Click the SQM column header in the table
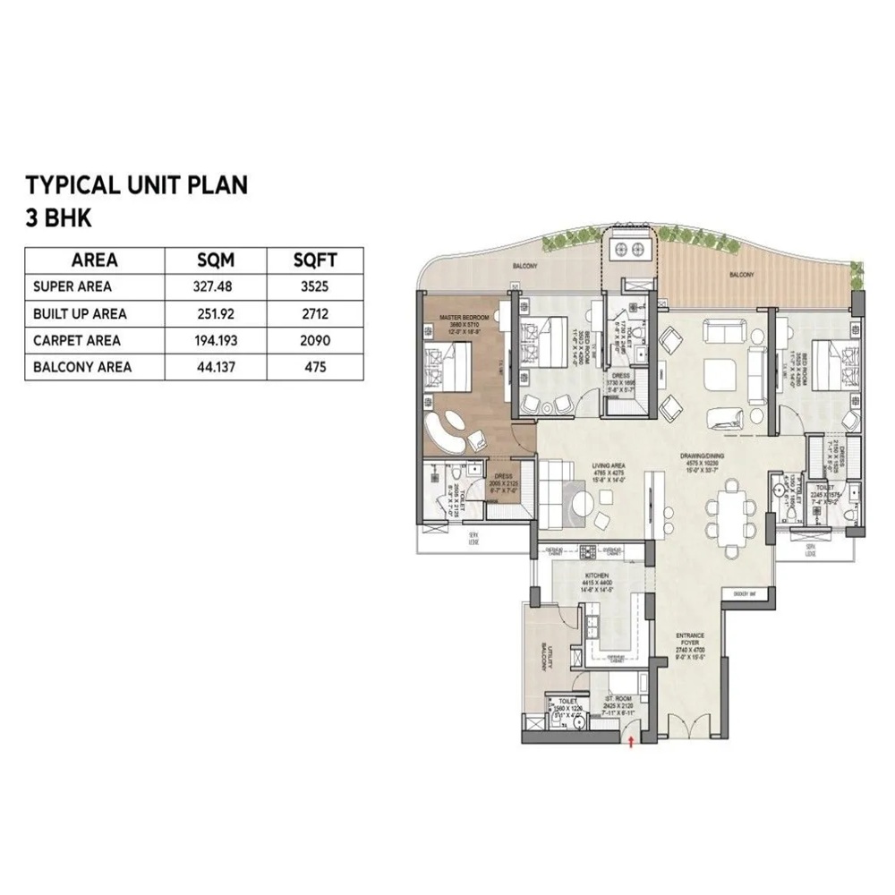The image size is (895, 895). pos(216,260)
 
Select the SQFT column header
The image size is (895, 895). pos(315,260)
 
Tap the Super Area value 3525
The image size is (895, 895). pos(315,287)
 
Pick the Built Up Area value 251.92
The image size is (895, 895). pos(216,314)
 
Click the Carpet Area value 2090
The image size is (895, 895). pos(315,340)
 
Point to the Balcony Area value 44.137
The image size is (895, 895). pos(216,367)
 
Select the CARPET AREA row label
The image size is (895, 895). pos(76,340)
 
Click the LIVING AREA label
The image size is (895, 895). pos(613,465)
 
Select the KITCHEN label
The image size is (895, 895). pos(597,575)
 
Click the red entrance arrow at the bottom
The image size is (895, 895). pos(633,741)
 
